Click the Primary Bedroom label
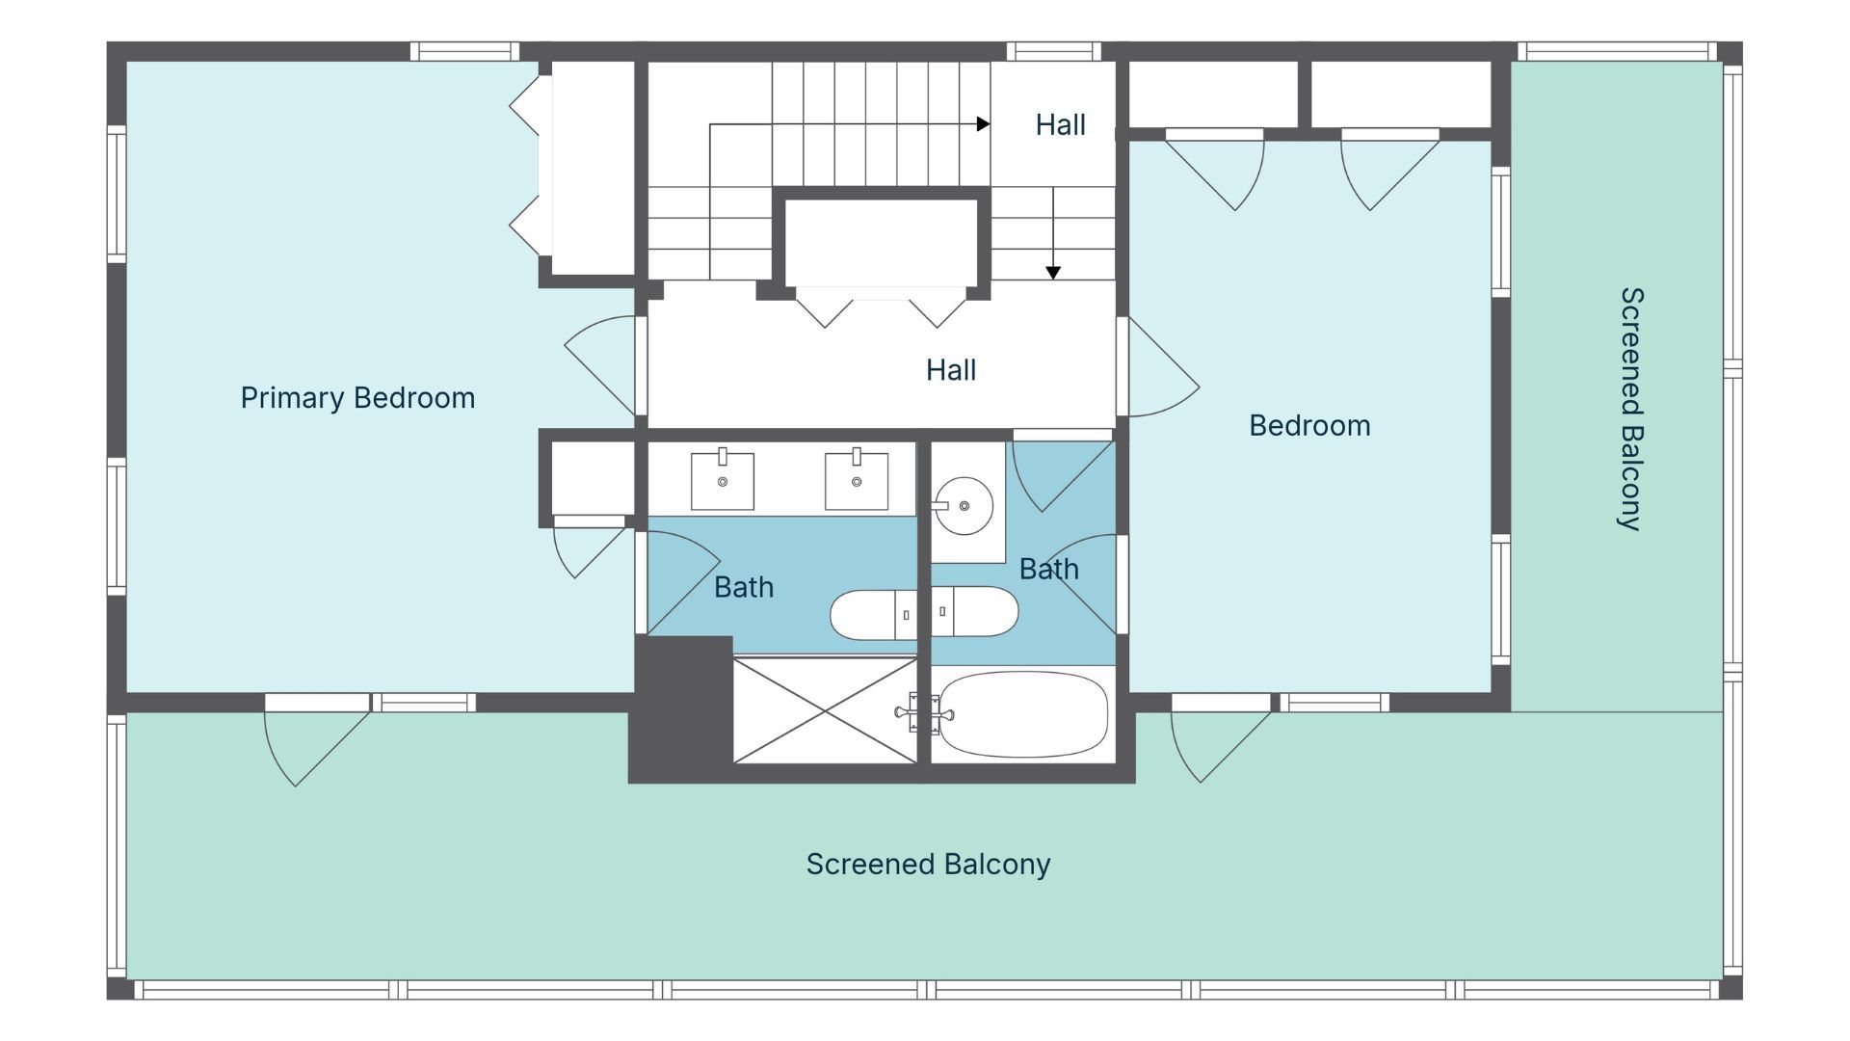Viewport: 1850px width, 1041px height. click(x=357, y=398)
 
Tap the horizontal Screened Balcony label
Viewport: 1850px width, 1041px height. click(x=928, y=865)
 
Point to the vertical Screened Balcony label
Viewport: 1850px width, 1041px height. click(x=1630, y=409)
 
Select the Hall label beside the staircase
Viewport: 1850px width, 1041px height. click(x=1060, y=124)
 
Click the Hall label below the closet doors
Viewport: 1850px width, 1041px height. click(x=951, y=370)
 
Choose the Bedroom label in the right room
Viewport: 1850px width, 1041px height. click(x=1309, y=426)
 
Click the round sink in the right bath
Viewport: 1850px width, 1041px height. click(x=964, y=505)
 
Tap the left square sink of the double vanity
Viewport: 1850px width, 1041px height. click(x=722, y=480)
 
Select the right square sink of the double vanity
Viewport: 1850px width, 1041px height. click(x=856, y=480)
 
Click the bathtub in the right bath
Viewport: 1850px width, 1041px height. click(x=1022, y=714)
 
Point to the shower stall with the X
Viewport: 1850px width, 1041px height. click(x=825, y=710)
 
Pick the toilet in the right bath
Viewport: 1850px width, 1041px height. click(x=974, y=611)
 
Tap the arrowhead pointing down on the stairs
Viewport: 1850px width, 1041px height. click(x=1053, y=273)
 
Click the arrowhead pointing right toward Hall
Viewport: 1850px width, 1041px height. click(x=983, y=123)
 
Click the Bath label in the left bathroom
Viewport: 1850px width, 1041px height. click(x=744, y=587)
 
